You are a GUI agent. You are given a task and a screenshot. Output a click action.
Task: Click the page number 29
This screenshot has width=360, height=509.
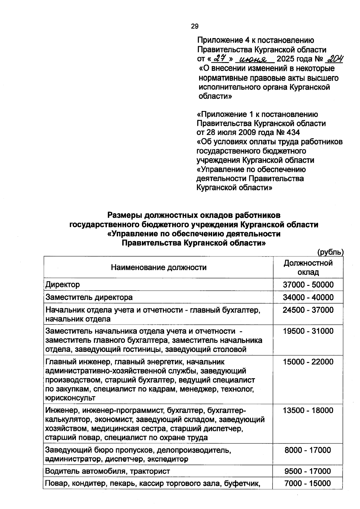coord(194,26)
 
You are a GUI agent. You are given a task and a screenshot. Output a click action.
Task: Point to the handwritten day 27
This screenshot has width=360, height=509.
coord(224,59)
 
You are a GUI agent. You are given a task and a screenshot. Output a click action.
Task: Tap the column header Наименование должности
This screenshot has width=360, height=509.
coord(158,267)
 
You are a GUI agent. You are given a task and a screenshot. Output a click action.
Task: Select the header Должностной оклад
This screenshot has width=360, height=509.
coord(308,268)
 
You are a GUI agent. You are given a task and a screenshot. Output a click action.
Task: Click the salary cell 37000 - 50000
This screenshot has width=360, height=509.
coord(308,285)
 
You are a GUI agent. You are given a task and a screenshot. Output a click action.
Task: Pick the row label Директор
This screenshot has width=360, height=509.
coord(62,285)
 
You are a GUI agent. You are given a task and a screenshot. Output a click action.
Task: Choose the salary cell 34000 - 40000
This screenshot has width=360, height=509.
coord(308,298)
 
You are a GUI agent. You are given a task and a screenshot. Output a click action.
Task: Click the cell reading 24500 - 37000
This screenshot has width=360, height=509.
coord(308,310)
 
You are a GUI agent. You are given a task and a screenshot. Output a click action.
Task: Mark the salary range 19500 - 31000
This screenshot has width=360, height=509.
coord(308,331)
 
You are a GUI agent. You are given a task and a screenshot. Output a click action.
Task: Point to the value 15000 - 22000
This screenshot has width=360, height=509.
coord(308,362)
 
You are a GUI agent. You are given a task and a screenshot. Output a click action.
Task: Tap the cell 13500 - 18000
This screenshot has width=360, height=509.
coord(308,410)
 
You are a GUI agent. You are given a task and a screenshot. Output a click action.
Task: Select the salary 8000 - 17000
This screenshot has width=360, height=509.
coord(308,450)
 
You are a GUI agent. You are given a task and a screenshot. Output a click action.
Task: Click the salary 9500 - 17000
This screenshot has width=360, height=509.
coord(308,471)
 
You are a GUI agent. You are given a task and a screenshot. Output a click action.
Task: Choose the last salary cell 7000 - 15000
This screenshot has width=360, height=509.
coord(308,484)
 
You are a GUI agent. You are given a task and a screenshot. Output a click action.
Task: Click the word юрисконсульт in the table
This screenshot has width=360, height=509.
coord(70,398)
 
